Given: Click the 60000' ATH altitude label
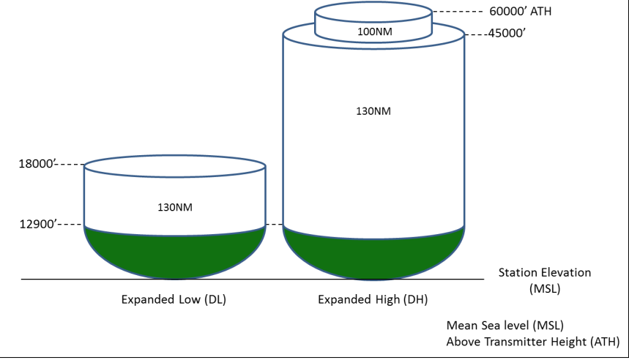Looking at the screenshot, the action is click(521, 11).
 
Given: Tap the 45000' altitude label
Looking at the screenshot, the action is click(507, 33).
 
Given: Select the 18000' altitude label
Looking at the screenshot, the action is click(37, 164).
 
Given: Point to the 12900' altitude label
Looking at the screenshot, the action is click(38, 224).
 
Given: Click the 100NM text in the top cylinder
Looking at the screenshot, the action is click(375, 31).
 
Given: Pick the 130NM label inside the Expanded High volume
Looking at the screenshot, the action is click(373, 111).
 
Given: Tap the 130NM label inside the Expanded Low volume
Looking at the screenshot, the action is click(175, 207).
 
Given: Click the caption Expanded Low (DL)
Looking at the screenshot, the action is click(174, 299).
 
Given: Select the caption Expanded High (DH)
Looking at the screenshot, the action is click(373, 299).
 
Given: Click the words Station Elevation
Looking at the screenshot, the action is click(544, 273).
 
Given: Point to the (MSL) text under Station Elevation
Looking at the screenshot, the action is click(544, 288).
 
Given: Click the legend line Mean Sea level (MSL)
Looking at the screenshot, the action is click(505, 325).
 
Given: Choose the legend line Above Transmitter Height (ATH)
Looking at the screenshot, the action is click(533, 342).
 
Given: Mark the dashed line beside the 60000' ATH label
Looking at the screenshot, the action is click(458, 12).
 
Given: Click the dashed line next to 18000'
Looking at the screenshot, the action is click(70, 165).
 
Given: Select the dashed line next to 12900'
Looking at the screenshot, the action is click(70, 224).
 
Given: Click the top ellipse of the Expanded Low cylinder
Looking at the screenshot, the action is click(175, 156).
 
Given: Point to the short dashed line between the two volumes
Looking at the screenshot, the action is click(275, 225).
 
